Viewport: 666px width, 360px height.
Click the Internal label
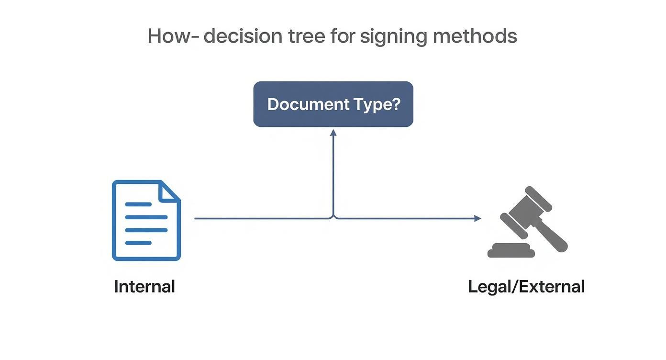[144, 287]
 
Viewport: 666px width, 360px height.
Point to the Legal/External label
[526, 287]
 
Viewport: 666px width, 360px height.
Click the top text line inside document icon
[138, 204]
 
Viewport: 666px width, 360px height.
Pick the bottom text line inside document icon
[138, 243]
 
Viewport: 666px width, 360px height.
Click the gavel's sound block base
[511, 250]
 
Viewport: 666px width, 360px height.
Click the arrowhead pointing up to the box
[333, 132]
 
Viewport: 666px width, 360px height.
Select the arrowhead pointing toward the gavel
[477, 218]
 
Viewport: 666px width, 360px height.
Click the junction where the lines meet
[333, 218]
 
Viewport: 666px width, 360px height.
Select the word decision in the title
[243, 36]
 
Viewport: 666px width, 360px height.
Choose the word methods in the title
[475, 36]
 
